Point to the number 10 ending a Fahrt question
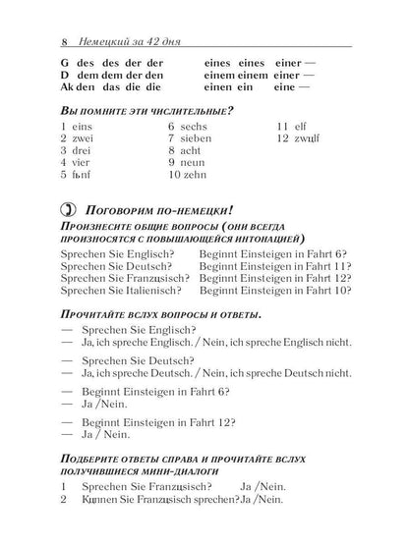341,291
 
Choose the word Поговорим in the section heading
122,209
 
